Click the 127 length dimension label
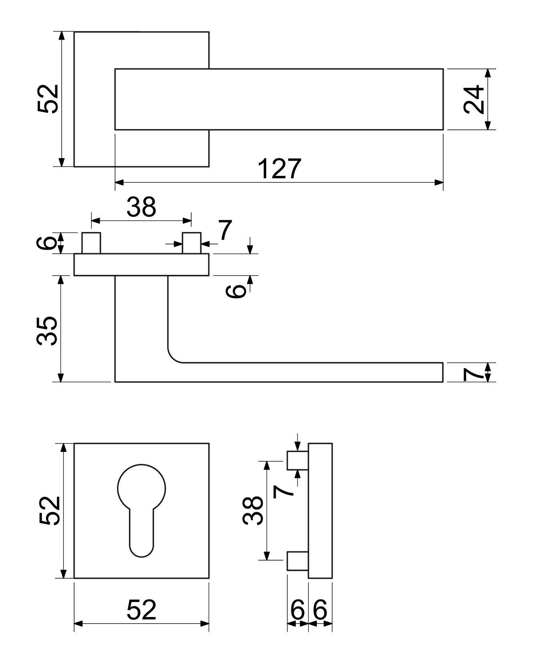pos(279,169)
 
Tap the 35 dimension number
pos(47,331)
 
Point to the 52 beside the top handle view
pos(48,99)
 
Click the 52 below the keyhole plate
pos(141,610)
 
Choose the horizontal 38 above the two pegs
pos(141,207)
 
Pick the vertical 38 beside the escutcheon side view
pos(253,511)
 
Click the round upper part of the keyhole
pos(141,487)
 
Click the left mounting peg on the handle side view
pos(91,243)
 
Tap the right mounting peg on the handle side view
pos(192,243)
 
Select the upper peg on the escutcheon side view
pos(298,460)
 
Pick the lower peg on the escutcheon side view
pos(298,561)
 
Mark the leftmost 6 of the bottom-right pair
pos(297,610)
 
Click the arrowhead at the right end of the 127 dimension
pos(439,183)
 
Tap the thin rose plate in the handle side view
pos(141,264)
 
